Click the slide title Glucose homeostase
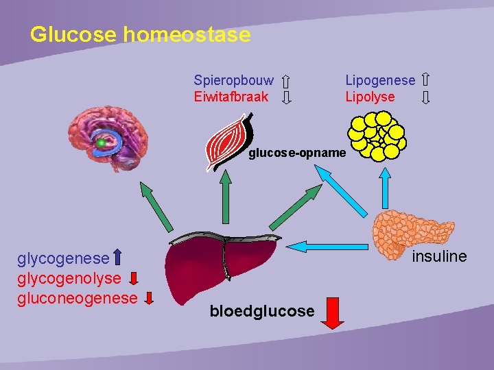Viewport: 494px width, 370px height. [140, 34]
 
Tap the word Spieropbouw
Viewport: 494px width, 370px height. [233, 81]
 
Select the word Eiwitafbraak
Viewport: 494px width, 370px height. [231, 97]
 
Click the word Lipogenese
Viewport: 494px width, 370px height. [380, 81]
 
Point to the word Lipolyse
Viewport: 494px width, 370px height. [370, 97]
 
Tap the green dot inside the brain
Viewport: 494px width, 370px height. [102, 143]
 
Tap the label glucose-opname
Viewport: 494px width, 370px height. [297, 153]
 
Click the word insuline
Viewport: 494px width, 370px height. [439, 256]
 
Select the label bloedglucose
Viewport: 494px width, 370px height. [262, 312]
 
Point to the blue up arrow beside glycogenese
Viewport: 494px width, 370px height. [117, 258]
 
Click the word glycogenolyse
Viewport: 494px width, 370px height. [69, 278]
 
